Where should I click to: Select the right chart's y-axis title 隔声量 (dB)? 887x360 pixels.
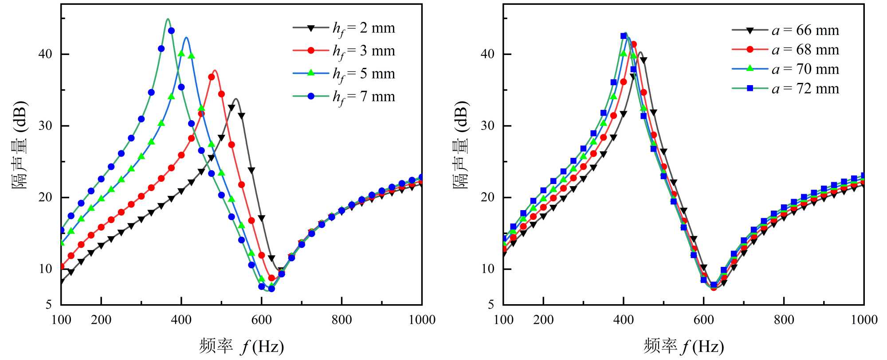pyautogui.click(x=461, y=145)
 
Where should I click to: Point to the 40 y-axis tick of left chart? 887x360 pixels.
pyautogui.click(x=45, y=54)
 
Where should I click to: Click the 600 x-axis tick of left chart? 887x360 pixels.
pyautogui.click(x=262, y=320)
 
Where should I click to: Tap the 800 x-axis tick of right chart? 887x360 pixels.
pyautogui.click(x=784, y=320)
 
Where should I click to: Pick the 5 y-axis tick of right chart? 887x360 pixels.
pyautogui.click(x=491, y=305)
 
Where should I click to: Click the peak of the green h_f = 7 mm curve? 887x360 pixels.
pyautogui.click(x=168, y=19)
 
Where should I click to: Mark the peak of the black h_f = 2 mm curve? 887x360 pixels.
pyautogui.click(x=236, y=99)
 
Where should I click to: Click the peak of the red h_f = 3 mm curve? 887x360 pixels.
pyautogui.click(x=215, y=70)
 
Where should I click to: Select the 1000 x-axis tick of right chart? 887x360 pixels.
pyautogui.click(x=864, y=320)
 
